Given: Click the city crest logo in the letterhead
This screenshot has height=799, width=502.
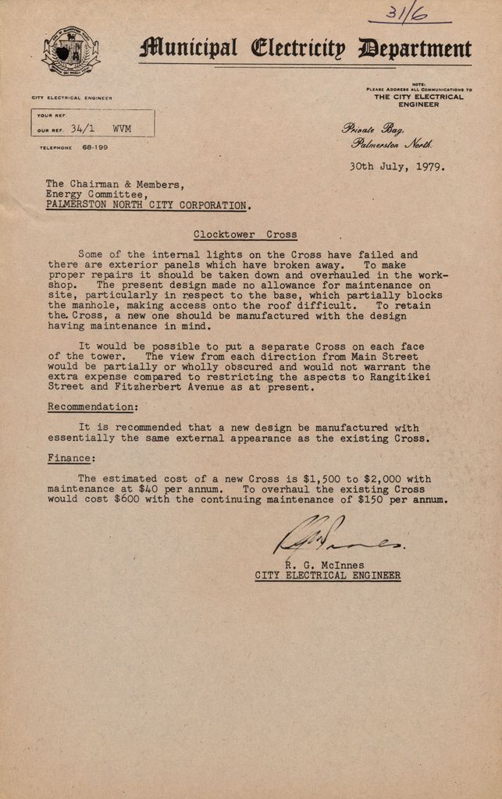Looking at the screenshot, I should [70, 51].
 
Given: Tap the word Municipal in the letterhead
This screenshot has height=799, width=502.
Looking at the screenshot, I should [188, 49].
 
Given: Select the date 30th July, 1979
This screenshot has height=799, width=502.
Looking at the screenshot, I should [397, 166].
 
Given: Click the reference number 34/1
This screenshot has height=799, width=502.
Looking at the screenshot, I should [83, 129].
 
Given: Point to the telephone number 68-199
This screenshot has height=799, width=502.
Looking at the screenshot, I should [95, 147].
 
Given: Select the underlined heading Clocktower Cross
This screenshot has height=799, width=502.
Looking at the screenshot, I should [244, 234].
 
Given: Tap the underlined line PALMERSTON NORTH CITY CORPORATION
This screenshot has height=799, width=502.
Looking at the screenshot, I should [147, 205].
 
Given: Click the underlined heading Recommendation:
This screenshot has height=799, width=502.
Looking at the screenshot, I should [93, 407].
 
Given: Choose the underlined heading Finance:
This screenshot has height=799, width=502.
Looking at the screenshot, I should [71, 458].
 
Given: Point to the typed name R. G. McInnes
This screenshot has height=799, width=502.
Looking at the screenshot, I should [324, 565].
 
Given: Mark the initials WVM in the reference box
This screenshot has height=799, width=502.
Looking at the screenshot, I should [122, 129].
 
